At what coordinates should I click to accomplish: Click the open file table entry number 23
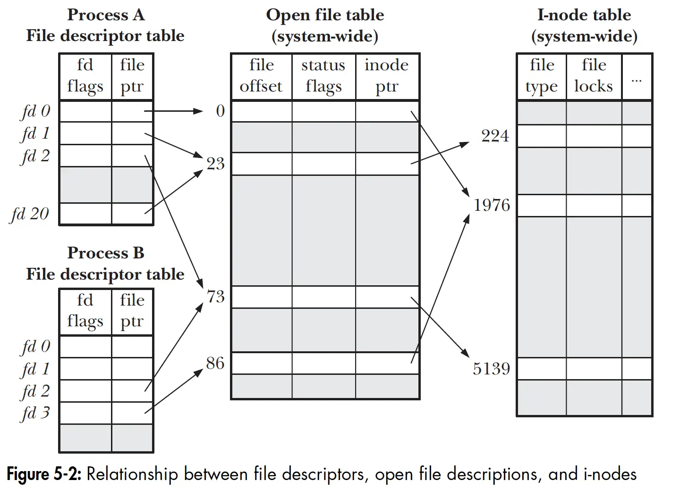(215, 164)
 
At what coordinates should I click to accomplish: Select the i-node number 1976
(492, 205)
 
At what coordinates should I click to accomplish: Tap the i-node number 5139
(492, 369)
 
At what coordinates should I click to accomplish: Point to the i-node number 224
(495, 136)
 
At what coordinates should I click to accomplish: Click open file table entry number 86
(215, 363)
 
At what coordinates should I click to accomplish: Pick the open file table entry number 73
(216, 297)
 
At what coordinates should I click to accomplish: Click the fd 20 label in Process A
(30, 214)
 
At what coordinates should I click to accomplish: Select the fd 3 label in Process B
(35, 413)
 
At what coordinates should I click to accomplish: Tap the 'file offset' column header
(261, 76)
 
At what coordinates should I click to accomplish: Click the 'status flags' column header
(323, 76)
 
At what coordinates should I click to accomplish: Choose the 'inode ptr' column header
(386, 76)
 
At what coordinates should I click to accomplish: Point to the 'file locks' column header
(594, 76)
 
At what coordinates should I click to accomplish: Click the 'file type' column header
(542, 76)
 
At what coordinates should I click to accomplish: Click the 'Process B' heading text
(106, 253)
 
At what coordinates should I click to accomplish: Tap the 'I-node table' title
(584, 15)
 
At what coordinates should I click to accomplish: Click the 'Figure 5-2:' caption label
(44, 474)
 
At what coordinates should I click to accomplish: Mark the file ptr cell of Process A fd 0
(132, 111)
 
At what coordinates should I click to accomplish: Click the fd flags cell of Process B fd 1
(85, 369)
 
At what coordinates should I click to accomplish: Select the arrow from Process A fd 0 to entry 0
(173, 111)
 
